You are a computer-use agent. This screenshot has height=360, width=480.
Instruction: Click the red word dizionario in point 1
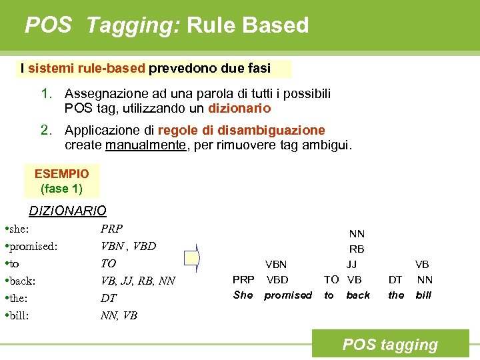point(240,108)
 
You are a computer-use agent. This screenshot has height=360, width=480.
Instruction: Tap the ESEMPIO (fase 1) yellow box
point(61,181)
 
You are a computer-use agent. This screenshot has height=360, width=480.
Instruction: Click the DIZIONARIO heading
point(67,211)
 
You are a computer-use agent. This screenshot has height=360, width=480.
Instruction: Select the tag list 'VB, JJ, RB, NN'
point(137,281)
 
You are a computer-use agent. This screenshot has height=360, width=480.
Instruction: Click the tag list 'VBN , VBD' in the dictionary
point(128,246)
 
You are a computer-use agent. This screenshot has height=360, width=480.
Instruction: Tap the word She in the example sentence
point(243,295)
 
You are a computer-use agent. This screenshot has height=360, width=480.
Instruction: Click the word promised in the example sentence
point(288,295)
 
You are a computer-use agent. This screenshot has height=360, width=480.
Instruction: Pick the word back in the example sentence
point(358,295)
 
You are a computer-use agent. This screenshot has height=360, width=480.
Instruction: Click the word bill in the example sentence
point(424,295)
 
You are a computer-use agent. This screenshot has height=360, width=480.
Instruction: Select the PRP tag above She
point(243,279)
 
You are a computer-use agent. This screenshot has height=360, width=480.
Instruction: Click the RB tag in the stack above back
point(357,249)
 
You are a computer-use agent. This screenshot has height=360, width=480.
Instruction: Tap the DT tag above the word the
point(396,279)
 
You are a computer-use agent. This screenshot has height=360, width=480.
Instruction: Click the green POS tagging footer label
point(390,345)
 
